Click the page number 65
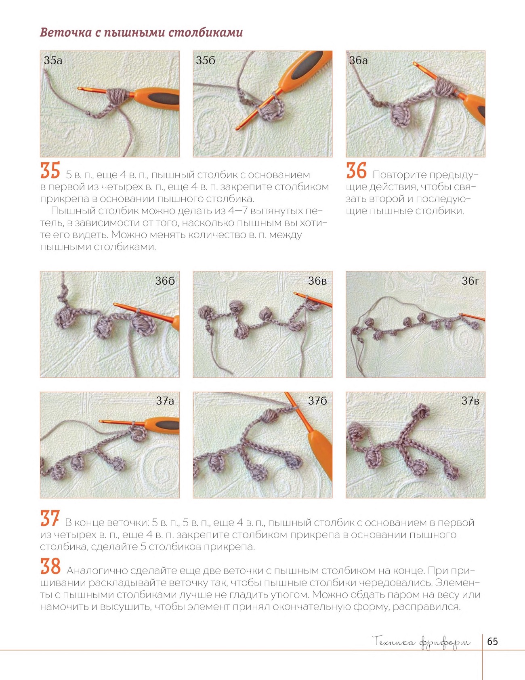tap(492, 642)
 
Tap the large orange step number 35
tap(50, 170)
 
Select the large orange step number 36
tap(356, 170)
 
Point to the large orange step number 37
tap(50, 518)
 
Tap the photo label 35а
tap(53, 61)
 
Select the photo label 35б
tap(206, 61)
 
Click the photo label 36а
tap(359, 61)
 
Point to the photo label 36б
tap(165, 281)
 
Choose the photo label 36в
tap(317, 281)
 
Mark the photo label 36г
tap(470, 281)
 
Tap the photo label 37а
tap(165, 401)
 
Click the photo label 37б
tap(317, 401)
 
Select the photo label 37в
tap(470, 401)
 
